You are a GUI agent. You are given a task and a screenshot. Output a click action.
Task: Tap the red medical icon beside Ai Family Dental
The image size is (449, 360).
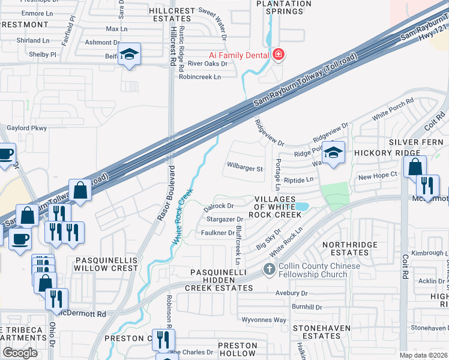[278, 55]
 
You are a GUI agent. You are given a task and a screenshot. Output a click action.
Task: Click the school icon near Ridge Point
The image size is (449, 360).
[333, 151]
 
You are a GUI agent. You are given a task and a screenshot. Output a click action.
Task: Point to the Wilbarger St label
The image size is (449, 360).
[244, 169]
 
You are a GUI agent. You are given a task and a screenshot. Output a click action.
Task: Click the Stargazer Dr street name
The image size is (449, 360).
[223, 220]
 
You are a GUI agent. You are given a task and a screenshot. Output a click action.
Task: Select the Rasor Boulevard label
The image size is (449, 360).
[165, 193]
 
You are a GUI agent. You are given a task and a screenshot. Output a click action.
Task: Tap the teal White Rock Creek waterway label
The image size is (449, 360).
[182, 216]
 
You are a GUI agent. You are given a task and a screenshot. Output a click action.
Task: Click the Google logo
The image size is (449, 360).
[20, 353]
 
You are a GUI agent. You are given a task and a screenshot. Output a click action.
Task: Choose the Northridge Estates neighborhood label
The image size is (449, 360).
[350, 249]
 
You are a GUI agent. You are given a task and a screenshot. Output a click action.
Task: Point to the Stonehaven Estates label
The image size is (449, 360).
[318, 332]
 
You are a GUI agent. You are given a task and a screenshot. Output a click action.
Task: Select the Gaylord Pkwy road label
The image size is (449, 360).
[26, 128]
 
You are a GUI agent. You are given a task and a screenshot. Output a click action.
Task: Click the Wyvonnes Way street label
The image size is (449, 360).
[264, 320]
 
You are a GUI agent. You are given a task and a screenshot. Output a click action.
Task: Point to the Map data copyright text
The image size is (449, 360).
[424, 355]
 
